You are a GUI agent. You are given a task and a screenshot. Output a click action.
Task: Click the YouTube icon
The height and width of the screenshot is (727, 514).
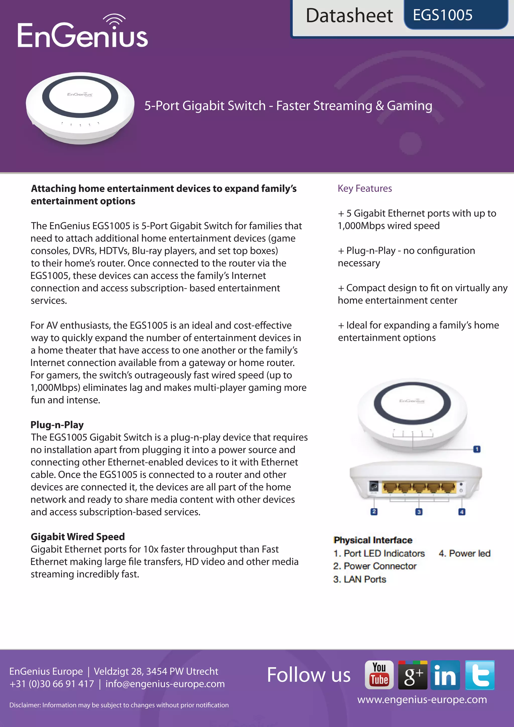379,675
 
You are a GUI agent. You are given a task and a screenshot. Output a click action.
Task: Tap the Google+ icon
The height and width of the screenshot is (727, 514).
413,675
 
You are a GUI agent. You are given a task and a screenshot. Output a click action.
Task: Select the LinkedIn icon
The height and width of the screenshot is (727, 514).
445,675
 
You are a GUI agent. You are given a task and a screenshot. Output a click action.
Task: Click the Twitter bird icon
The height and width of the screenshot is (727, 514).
480,675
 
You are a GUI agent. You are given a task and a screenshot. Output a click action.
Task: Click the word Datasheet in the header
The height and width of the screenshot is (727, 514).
349,16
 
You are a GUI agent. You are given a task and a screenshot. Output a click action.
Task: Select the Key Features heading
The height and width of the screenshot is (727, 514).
365,188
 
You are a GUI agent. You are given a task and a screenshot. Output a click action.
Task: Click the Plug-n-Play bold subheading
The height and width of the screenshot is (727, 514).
57,425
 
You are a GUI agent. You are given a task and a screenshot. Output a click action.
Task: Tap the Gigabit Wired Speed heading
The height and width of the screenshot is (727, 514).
78,536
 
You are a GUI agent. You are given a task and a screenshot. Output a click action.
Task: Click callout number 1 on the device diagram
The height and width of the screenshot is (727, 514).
477,449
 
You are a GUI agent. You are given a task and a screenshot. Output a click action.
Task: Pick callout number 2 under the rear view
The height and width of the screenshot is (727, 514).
374,511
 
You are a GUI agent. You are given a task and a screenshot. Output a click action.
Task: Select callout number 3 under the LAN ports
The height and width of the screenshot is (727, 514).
419,512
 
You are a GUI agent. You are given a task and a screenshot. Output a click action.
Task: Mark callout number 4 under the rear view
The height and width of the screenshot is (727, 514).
462,512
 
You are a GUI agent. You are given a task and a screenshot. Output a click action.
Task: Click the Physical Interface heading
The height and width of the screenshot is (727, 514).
373,540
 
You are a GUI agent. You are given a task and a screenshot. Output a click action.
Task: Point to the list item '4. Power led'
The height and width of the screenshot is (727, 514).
464,553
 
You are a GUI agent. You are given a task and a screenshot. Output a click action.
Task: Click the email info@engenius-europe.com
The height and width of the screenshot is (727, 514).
165,684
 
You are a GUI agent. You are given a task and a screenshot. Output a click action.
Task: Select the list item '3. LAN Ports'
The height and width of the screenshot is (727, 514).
360,579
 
